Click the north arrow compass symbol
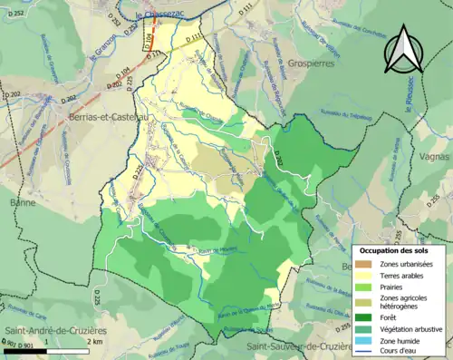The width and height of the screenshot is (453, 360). [403, 50]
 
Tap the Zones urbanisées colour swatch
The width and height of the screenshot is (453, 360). [369, 263]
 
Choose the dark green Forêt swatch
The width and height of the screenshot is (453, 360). [369, 316]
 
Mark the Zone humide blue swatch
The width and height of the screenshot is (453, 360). [369, 342]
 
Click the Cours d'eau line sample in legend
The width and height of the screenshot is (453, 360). [369, 354]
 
